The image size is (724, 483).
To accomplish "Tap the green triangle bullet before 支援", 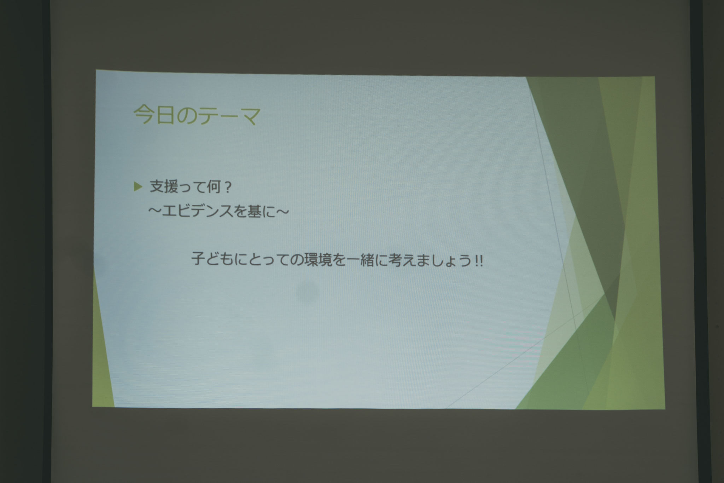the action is coord(138,186).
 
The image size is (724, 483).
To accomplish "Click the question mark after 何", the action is coord(227,188).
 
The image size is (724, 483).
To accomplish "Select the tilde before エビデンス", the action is coord(155,212).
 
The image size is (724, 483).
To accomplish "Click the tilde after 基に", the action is coord(282,212).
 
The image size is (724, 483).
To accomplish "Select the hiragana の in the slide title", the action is coord(186,115).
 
